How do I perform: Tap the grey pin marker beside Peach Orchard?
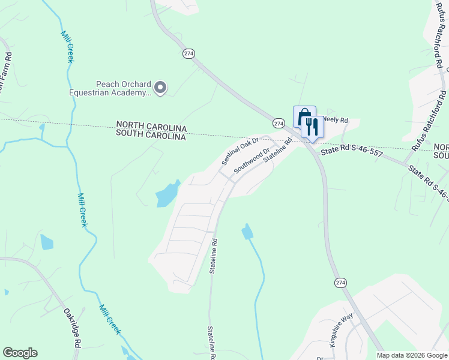[160, 88]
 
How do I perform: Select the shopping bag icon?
[304, 116]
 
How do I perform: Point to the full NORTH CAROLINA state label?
[152, 128]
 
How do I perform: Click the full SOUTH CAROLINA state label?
[152, 137]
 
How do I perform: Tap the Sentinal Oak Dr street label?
[240, 151]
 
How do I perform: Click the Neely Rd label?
[336, 120]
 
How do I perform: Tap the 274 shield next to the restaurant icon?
[279, 123]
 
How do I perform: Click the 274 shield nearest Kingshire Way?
[341, 283]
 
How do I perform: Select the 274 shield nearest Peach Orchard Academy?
[189, 53]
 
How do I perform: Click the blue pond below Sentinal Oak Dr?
[167, 194]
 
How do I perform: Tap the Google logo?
[20, 353]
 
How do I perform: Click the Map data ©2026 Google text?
[411, 355]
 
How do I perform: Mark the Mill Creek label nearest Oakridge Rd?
[110, 319]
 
